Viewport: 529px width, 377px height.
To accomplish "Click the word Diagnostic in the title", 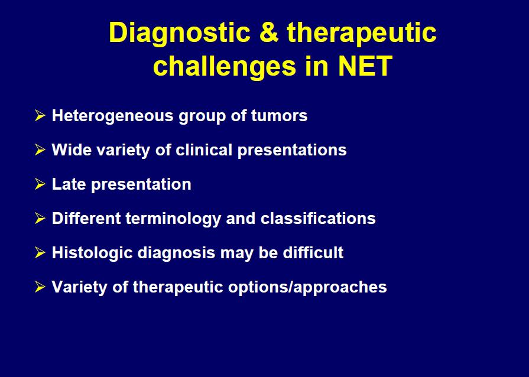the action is pos(180,33).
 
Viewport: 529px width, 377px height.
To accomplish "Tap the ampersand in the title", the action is pos(269,32).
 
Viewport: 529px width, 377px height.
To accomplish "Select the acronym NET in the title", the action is pos(365,66).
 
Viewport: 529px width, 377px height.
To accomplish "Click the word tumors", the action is pos(279,116).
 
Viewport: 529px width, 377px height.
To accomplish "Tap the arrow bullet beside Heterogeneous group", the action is pos(40,115).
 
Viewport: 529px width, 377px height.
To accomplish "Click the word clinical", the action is pos(204,149).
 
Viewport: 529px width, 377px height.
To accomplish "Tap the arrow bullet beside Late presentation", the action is pos(40,184).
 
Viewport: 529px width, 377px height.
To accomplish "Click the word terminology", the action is pos(173,219).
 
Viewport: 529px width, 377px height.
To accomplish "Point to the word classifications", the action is pos(318,219).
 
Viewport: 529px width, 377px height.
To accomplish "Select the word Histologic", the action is pos(92,253).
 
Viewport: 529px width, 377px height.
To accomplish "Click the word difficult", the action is pos(313,252).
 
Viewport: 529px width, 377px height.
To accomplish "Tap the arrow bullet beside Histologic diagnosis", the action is pos(40,252).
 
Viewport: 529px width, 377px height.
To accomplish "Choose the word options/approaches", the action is pos(307,288).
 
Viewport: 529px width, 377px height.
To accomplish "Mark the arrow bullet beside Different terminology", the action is pos(40,218).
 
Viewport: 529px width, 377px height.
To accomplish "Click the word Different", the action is pos(86,219).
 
